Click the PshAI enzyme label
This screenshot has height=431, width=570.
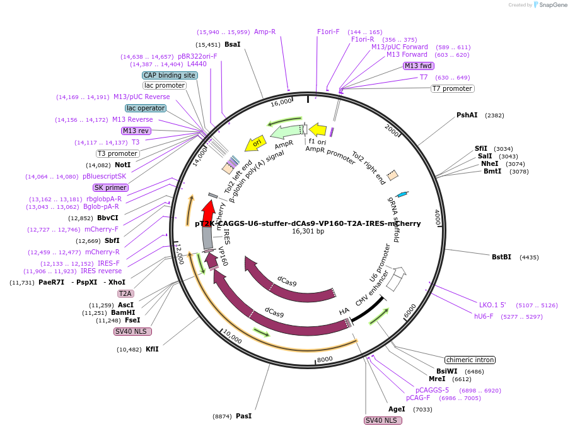(x=467, y=115)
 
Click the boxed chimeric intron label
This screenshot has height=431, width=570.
(x=470, y=360)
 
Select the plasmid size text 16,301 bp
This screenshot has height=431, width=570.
(x=308, y=232)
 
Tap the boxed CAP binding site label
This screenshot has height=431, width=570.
(x=170, y=75)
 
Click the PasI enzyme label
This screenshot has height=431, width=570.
(x=243, y=416)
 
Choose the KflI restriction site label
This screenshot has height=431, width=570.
(x=152, y=349)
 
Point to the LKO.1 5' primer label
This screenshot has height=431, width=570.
(x=492, y=305)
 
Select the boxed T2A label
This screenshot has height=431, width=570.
(x=125, y=293)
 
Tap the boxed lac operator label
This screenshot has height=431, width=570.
(x=146, y=108)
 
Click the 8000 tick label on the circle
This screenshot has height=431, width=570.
(x=324, y=359)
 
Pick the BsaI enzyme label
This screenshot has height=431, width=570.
(x=232, y=45)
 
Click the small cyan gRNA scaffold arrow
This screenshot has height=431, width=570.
(x=402, y=195)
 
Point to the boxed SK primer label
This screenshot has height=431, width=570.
(x=110, y=187)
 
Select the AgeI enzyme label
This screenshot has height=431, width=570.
(x=397, y=409)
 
